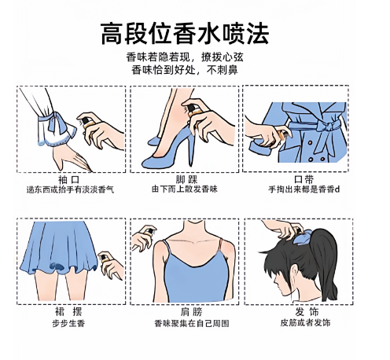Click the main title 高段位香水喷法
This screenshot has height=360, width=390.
[185, 34]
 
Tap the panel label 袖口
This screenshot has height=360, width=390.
[68, 180]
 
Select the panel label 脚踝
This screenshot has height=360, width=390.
[186, 180]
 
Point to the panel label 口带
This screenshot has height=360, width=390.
[304, 179]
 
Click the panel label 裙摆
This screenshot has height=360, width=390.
[68, 312]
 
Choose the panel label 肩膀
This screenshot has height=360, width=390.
[191, 312]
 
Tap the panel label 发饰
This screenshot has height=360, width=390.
[307, 312]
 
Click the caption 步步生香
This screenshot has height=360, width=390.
[68, 323]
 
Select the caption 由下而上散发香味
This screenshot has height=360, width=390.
[185, 189]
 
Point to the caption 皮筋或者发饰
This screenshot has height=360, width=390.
[305, 322]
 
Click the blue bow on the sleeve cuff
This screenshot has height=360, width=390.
[57, 121]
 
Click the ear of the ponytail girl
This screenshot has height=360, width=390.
[296, 273]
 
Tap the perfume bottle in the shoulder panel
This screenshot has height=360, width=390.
[149, 232]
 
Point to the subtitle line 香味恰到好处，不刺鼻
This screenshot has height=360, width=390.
[185, 70]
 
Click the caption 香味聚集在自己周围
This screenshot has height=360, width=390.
[192, 323]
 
